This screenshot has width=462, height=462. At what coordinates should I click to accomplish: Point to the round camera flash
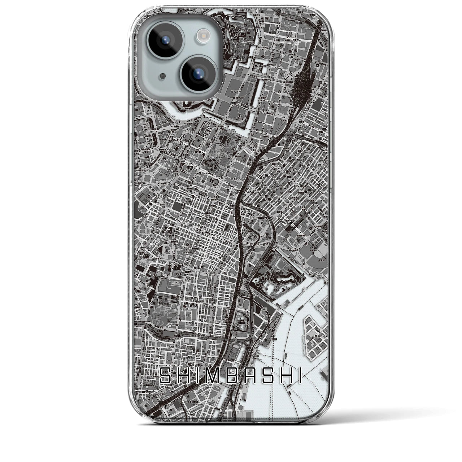pos(201,35)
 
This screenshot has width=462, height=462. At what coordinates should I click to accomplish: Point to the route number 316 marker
pos(319,165)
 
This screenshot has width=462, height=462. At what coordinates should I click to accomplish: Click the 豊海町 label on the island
pos(311,336)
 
